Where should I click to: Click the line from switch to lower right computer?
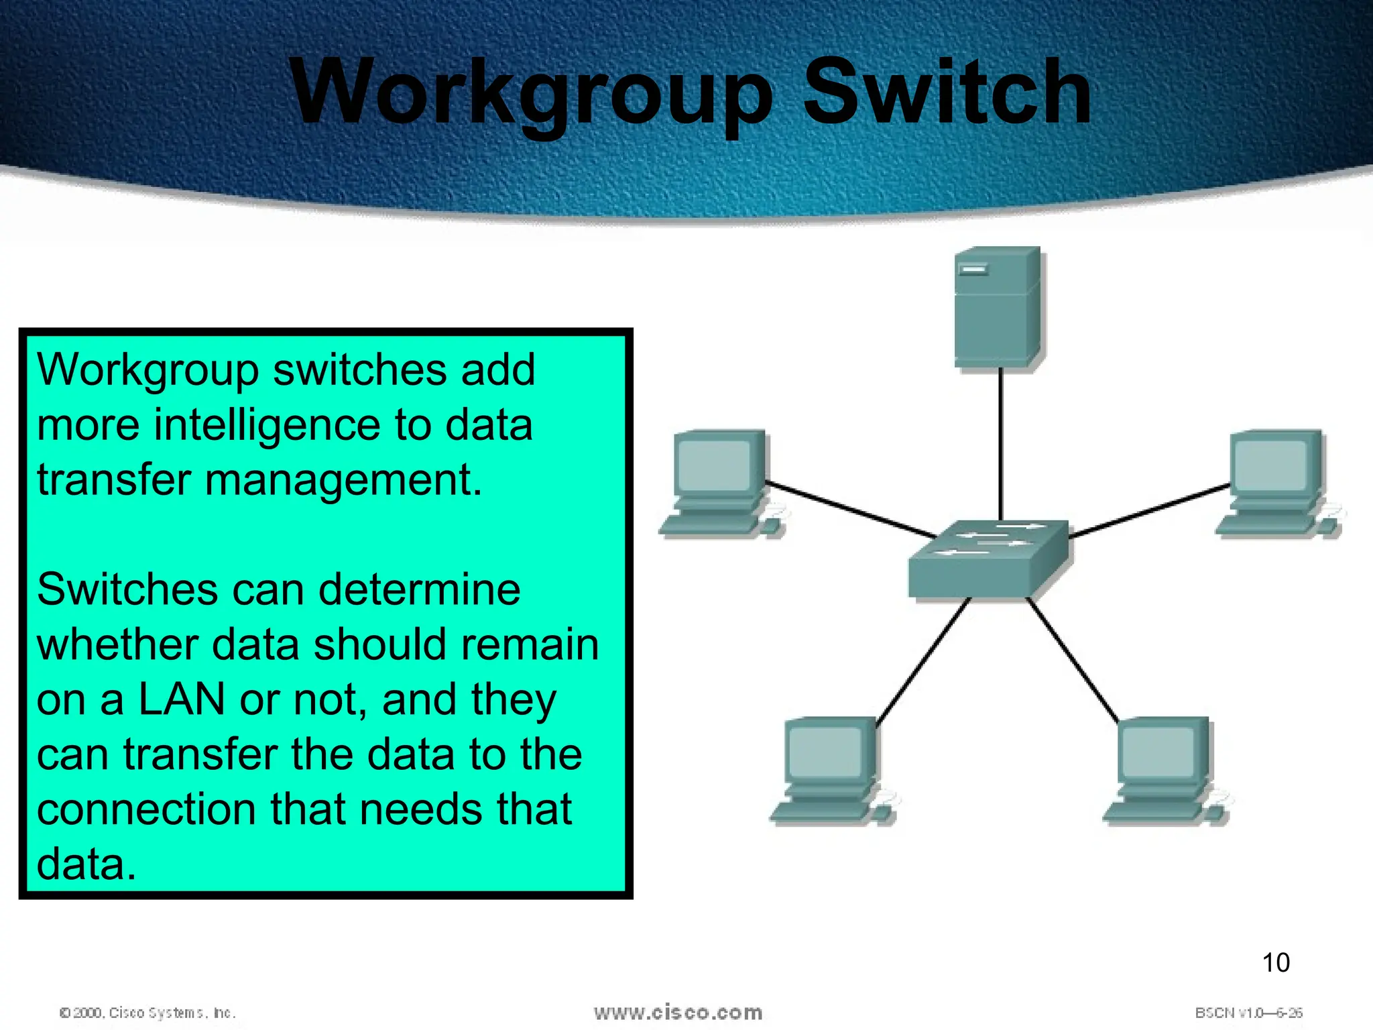pyautogui.click(x=1073, y=661)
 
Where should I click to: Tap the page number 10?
pyautogui.click(x=1275, y=963)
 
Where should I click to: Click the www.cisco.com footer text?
pyautogui.click(x=678, y=1013)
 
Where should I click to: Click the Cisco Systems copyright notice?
pyautogui.click(x=147, y=1013)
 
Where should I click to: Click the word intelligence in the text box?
pyautogui.click(x=267, y=426)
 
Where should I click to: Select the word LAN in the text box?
pyautogui.click(x=181, y=699)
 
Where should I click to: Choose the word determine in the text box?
pyautogui.click(x=419, y=589)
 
